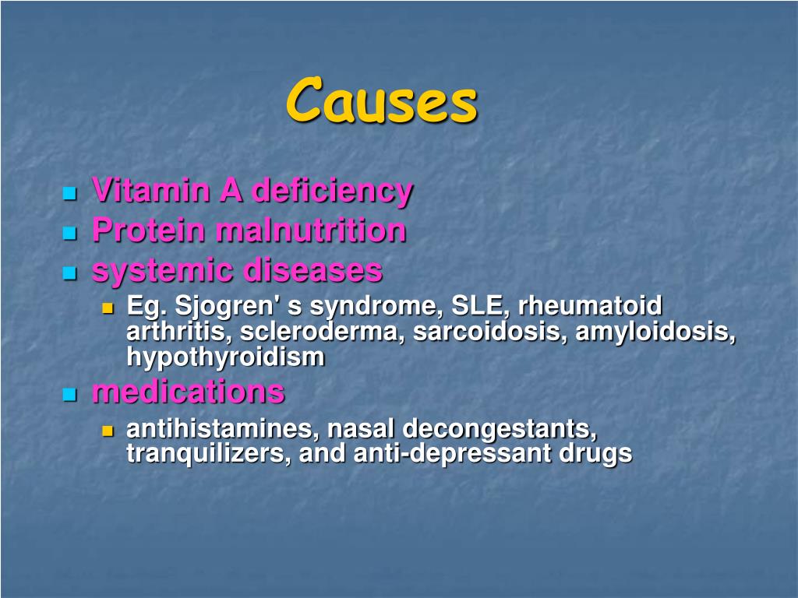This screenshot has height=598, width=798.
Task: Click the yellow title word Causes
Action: pos(381,100)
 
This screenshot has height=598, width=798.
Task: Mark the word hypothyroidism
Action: pos(225,357)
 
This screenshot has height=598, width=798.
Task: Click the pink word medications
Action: pos(188,392)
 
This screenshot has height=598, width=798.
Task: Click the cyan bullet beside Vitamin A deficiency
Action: pos(70,192)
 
